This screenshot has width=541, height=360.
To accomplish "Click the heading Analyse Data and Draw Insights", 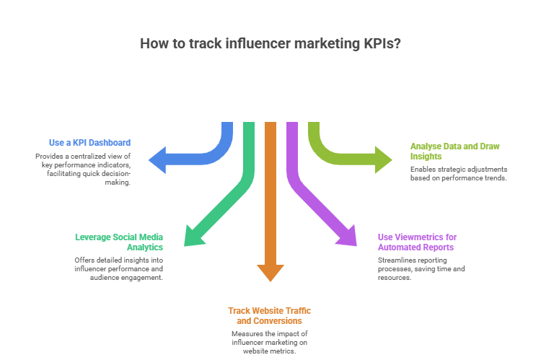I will tap(454, 150).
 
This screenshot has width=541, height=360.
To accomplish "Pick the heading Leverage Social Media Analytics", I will tap(119, 242).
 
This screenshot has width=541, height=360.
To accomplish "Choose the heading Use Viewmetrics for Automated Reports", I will tap(417, 242).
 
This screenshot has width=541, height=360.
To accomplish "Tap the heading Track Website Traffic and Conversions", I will tap(270, 315).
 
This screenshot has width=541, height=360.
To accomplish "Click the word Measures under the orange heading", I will tap(246, 333).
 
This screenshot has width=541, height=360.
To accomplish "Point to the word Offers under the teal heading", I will tap(84, 260).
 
